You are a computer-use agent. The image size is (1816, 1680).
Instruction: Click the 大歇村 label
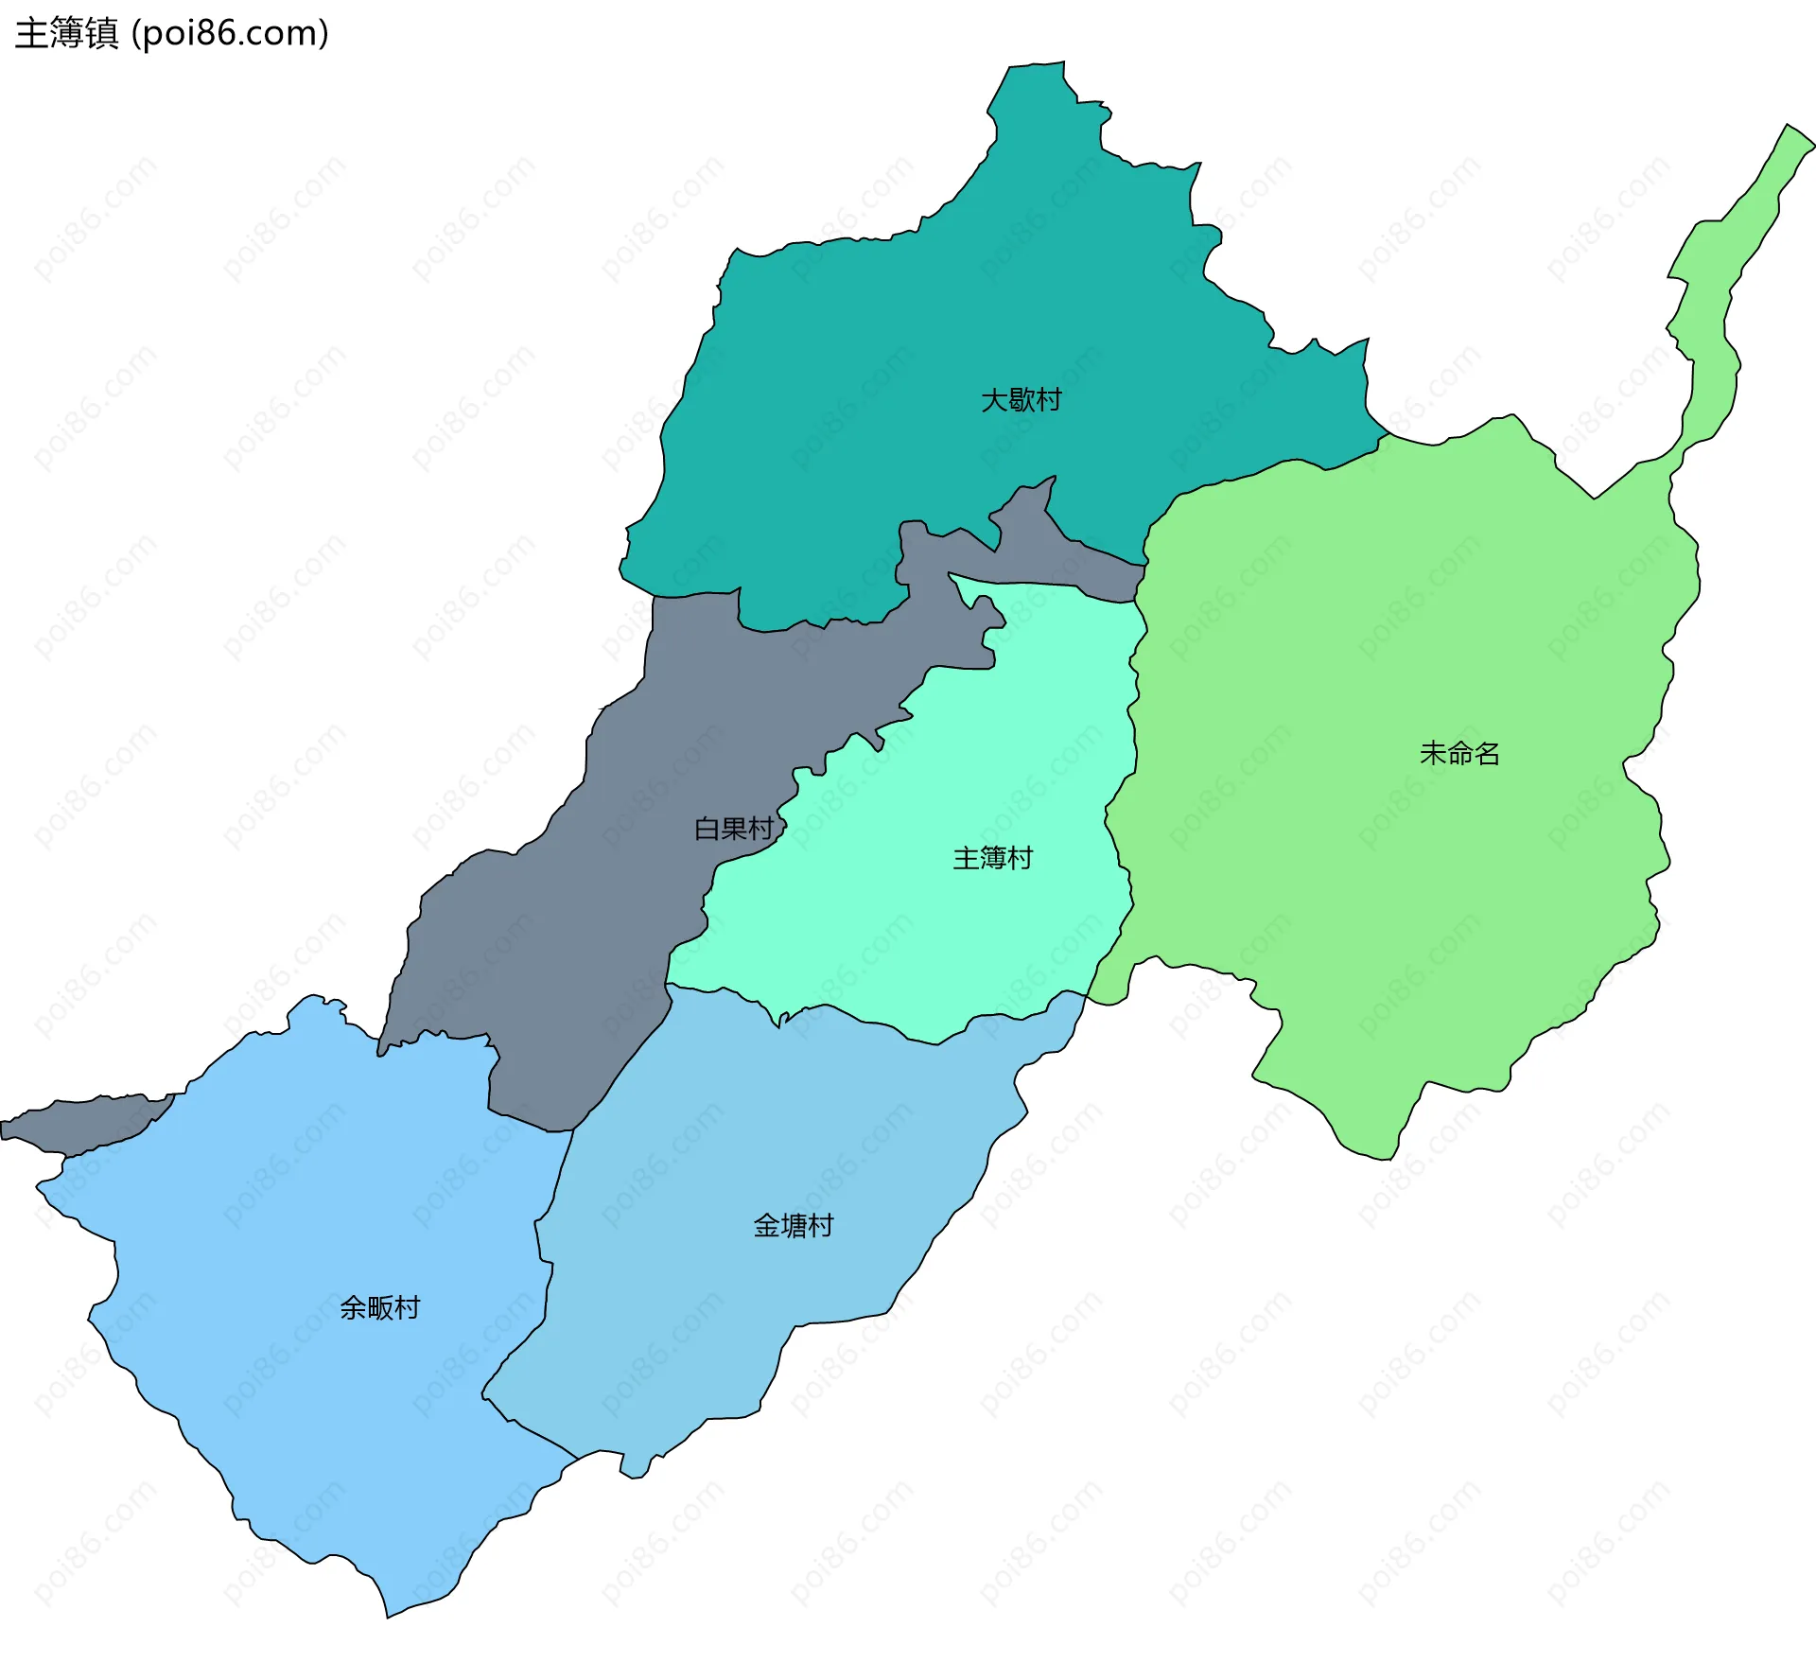click(1021, 400)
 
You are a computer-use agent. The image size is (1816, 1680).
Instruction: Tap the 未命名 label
click(1459, 754)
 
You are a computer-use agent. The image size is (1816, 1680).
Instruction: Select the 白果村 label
click(734, 829)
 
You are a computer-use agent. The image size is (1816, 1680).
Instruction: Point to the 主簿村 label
click(992, 858)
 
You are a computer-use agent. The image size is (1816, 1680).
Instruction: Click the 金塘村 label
click(793, 1226)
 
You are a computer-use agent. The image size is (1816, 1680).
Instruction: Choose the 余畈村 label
click(379, 1308)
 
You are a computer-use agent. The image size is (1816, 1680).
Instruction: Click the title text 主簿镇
click(66, 33)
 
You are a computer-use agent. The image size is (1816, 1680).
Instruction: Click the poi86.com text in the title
click(230, 33)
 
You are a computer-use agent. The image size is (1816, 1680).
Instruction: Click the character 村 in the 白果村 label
click(761, 829)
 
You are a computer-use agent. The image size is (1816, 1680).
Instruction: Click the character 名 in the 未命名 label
click(1487, 754)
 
